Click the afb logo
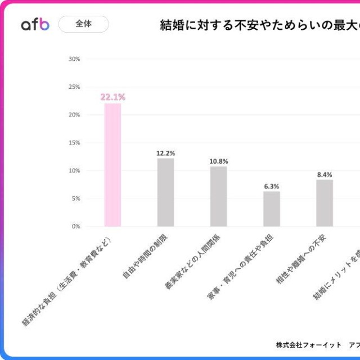click(35, 25)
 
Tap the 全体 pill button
click(84, 24)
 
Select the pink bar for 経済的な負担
click(112, 165)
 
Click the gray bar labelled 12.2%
click(165, 192)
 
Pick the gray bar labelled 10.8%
click(218, 196)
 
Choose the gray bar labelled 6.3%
click(271, 209)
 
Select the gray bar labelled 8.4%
click(325, 203)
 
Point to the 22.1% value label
click(112, 97)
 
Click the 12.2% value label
click(165, 153)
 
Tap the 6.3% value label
click(272, 186)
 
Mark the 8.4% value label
click(325, 174)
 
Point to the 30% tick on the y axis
click(74, 59)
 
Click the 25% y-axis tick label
click(74, 87)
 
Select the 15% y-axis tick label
click(74, 143)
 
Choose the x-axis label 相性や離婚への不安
click(302, 260)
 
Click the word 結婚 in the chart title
click(172, 25)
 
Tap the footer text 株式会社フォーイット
click(309, 344)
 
